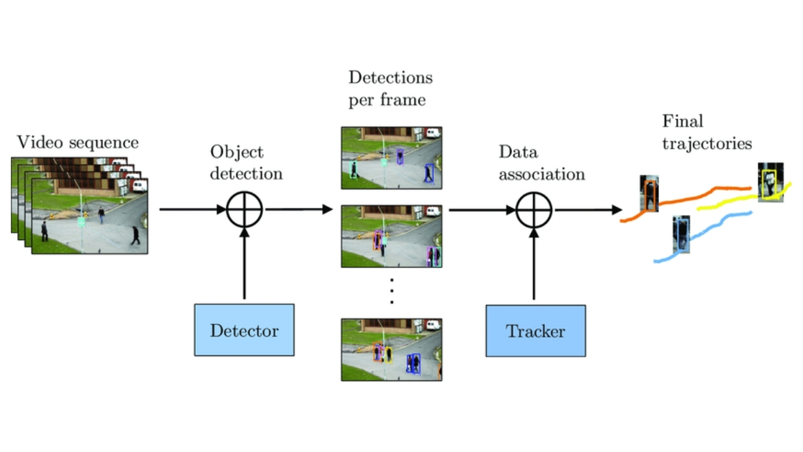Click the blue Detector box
pyautogui.click(x=244, y=330)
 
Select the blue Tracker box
pyautogui.click(x=535, y=330)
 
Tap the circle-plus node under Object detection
pyautogui.click(x=245, y=210)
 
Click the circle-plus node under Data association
pyautogui.click(x=534, y=210)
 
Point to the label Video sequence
pyautogui.click(x=78, y=142)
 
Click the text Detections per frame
pyautogui.click(x=390, y=88)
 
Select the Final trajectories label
pyautogui.click(x=707, y=132)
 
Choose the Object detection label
pyautogui.click(x=246, y=162)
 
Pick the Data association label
pyautogui.click(x=541, y=163)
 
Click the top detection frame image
pyautogui.click(x=392, y=157)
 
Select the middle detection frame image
pyautogui.click(x=392, y=236)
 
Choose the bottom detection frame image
pyautogui.click(x=392, y=349)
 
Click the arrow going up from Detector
pyautogui.click(x=245, y=265)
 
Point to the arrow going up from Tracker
pyautogui.click(x=534, y=265)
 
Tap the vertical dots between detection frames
pyautogui.click(x=392, y=291)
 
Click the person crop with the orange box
pyautogui.click(x=649, y=193)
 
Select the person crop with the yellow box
pyautogui.click(x=770, y=182)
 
